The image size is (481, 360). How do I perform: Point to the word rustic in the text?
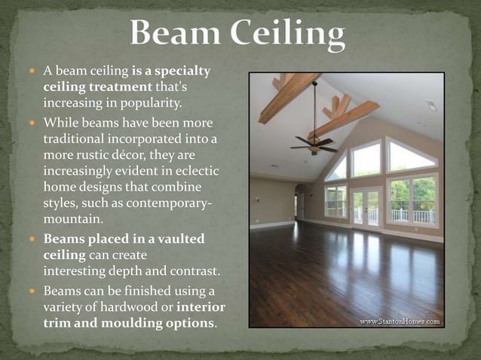coord(90,153)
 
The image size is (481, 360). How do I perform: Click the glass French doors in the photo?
coord(367,204)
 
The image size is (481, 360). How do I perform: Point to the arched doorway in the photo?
coord(301,201)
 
